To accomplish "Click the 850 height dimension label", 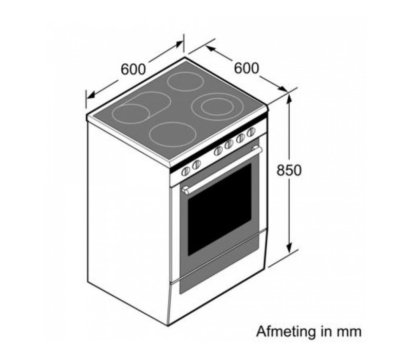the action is (x=289, y=170).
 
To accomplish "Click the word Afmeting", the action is (x=285, y=331).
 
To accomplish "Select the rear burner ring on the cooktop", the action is (x=186, y=81).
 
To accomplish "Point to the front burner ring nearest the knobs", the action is (x=173, y=134).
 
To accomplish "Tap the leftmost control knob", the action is (x=186, y=171).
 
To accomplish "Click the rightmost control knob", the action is (x=251, y=132).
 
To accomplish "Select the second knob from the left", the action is (x=196, y=165).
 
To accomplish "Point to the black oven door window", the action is (x=219, y=209).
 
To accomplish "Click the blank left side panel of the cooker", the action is (x=127, y=216).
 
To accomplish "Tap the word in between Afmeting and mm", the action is (x=327, y=331).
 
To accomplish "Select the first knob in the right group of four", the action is (x=218, y=151).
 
